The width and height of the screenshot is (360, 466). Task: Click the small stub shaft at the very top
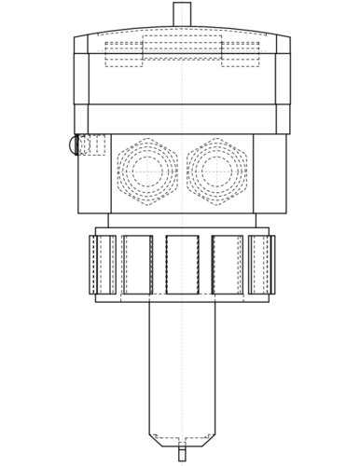[x=182, y=14]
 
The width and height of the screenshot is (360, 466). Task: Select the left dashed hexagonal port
[x=146, y=171]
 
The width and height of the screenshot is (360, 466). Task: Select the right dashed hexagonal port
[x=217, y=171]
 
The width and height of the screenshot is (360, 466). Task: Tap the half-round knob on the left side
[x=74, y=145]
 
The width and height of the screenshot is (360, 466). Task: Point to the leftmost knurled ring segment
[x=103, y=264]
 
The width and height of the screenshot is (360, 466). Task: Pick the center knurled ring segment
[x=182, y=264]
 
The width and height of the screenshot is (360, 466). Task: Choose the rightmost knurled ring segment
[x=261, y=264]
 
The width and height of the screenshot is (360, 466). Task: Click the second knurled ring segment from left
[x=137, y=264]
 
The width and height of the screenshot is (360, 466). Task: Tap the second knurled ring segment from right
[x=228, y=264]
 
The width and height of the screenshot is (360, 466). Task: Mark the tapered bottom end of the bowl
[x=182, y=439]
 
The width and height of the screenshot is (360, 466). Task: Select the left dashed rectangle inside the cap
[x=123, y=52]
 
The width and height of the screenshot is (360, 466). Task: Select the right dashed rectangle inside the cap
[x=240, y=52]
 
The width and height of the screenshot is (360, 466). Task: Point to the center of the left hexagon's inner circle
[x=146, y=171]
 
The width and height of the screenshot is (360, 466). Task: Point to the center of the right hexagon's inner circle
[x=217, y=171]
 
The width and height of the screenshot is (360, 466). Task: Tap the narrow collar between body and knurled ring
[x=182, y=220]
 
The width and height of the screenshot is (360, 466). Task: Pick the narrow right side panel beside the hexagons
[x=270, y=172]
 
